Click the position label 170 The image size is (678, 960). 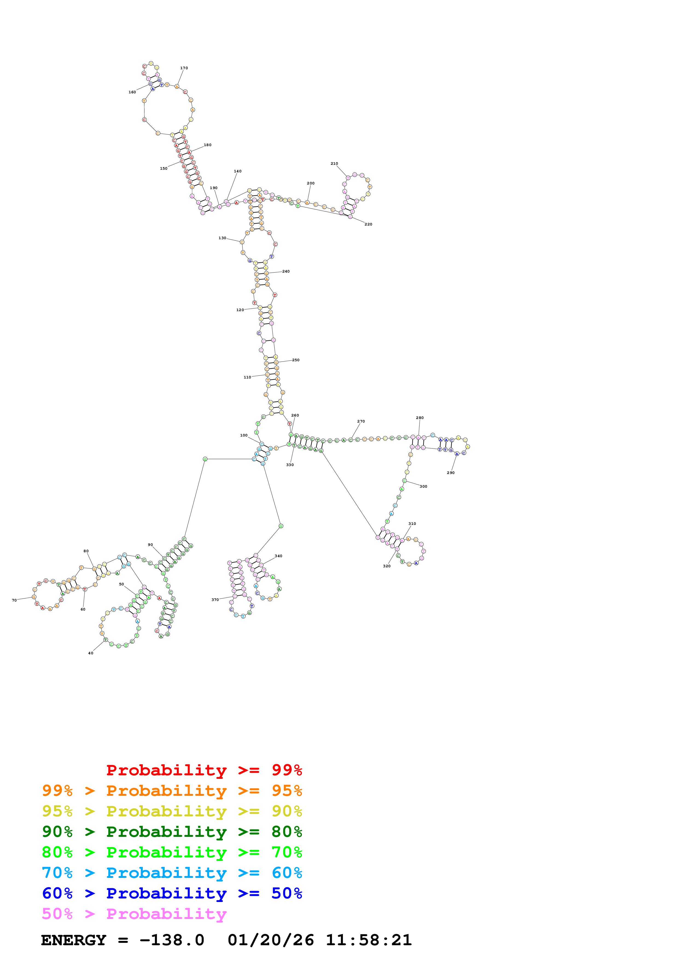(184, 68)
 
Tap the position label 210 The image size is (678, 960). (334, 163)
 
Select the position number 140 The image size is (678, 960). (237, 171)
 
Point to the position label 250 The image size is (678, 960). (295, 360)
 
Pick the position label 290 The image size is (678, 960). (450, 473)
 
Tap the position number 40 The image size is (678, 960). (91, 653)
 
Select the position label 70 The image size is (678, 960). (14, 600)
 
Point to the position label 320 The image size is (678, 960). (387, 566)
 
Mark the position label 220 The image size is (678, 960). (368, 224)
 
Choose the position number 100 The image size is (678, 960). (243, 435)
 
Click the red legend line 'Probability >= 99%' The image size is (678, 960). (204, 770)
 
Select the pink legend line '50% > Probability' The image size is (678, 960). (134, 914)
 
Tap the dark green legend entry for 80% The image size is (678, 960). (172, 832)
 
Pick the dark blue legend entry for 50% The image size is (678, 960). (172, 893)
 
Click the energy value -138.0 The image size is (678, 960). (172, 940)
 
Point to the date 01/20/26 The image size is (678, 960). (271, 940)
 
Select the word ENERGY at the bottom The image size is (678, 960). (74, 940)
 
